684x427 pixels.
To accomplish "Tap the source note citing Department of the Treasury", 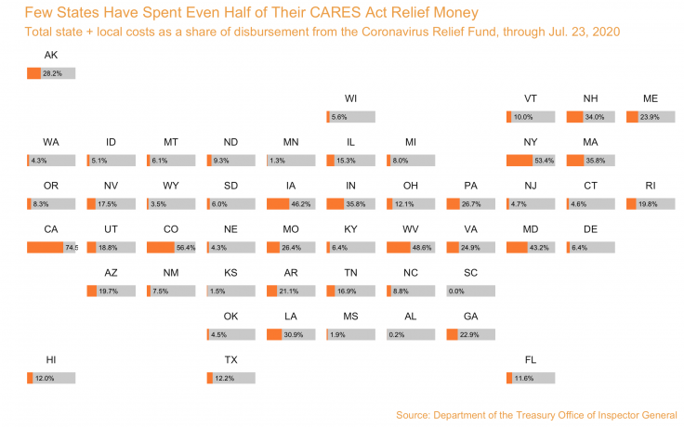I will pos(535,414).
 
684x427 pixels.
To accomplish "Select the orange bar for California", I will pos(45,247).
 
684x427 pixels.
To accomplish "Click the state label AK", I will pos(51,56).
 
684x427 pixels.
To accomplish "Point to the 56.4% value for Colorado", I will pos(185,248).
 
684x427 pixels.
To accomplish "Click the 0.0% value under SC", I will pos(482,291).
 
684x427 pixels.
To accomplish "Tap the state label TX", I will pos(230,359).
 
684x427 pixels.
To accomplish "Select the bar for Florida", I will pos(531,378).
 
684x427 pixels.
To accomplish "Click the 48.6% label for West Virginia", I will pos(424,248).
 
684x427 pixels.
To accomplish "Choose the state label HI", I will pos(51,359).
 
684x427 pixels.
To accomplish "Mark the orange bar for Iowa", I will pos(277,204).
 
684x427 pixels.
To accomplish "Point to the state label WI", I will pos(350,98).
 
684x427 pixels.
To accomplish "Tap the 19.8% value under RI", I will pos(648,204).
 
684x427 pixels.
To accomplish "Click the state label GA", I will pos(470,317).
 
